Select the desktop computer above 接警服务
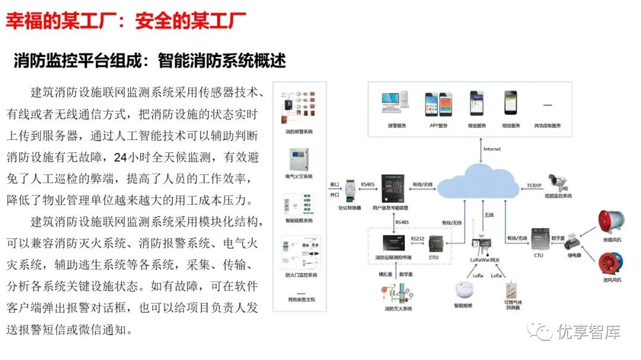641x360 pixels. [x=396, y=104]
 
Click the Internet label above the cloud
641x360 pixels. [x=492, y=148]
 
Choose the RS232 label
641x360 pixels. [x=417, y=238]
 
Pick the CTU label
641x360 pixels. [x=538, y=255]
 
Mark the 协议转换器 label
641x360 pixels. [x=350, y=208]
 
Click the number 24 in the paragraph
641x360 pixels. [x=120, y=158]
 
